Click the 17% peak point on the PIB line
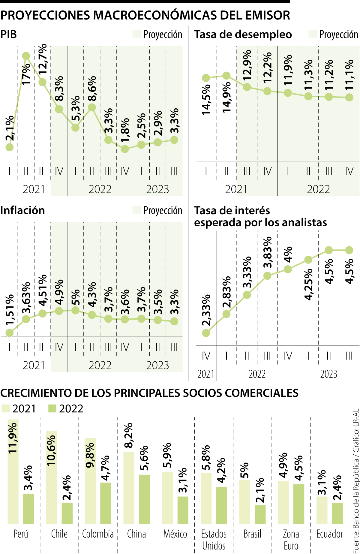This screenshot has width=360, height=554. tap(26, 56)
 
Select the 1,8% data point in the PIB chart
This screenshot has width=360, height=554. tap(125, 149)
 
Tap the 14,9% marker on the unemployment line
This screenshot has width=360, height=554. tap(226, 76)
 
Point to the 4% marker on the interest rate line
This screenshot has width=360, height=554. tap(288, 269)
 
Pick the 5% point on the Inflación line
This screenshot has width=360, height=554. tap(75, 310)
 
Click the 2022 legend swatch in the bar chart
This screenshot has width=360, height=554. tap(52, 409)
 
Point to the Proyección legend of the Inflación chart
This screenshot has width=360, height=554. tap(158, 210)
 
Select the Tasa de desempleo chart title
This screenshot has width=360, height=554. tap(243, 35)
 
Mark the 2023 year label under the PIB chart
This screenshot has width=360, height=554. tap(157, 189)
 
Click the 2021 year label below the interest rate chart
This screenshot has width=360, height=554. tap(206, 374)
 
